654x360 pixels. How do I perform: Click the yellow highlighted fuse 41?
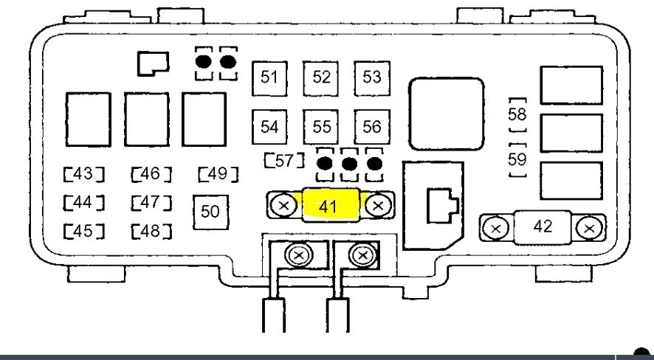(x=329, y=205)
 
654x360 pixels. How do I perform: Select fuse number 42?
(x=543, y=226)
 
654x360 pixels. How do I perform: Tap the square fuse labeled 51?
(x=270, y=78)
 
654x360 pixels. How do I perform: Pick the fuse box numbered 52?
(x=321, y=78)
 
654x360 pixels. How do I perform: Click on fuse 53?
(x=371, y=78)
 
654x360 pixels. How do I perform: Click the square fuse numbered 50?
(x=210, y=211)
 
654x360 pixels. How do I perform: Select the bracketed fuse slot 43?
(x=83, y=175)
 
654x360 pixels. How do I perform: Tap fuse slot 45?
(x=83, y=231)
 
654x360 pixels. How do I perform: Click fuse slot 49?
(x=218, y=175)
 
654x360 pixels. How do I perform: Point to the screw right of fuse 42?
(x=588, y=227)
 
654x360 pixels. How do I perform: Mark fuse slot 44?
(x=83, y=202)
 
